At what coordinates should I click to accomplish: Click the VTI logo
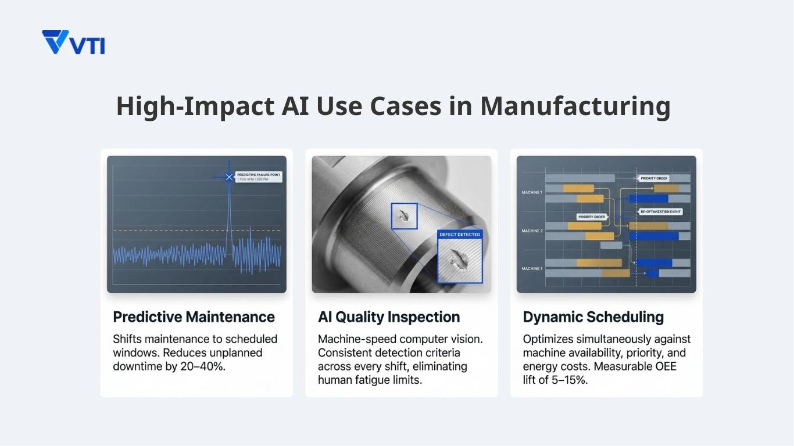coord(73,42)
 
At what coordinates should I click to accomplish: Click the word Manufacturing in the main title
coord(575,106)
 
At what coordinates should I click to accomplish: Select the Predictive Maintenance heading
coord(194,317)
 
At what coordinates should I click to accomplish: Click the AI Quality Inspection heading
coord(389,317)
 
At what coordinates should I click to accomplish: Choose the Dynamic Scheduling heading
coord(593,317)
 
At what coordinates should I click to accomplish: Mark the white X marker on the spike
coord(229,177)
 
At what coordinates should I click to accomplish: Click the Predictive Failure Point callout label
coord(259,175)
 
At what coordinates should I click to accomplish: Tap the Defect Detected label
coord(460,235)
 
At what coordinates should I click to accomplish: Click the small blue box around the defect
coord(404,216)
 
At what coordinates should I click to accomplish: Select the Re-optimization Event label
coord(661,212)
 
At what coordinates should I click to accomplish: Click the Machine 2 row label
coord(532,231)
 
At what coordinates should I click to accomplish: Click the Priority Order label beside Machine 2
coord(592,217)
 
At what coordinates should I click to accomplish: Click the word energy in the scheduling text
coord(539,367)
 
